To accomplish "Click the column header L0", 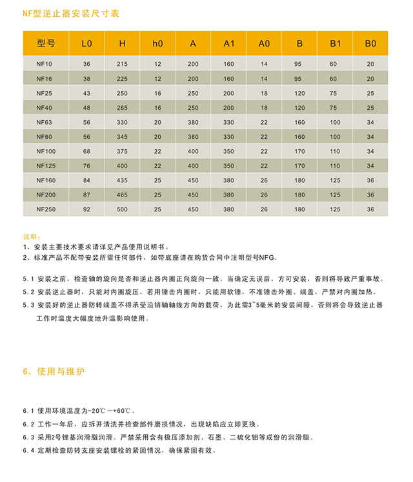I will coord(87,44).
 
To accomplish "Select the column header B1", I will coord(335,44).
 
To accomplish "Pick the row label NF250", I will coord(45,209).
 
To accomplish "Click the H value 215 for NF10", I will coord(123,64).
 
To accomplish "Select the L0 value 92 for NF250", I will coord(87,209).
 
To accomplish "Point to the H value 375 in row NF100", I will coord(123,151).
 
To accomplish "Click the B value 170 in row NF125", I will coord(299,166).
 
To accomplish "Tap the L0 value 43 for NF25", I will coord(87,93).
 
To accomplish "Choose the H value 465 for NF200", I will coord(123,195).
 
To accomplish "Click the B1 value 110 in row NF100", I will coord(335,151).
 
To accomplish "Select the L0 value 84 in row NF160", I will coord(87,180).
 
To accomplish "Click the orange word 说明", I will coord(30,236).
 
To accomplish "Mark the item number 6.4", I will coord(28,450).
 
